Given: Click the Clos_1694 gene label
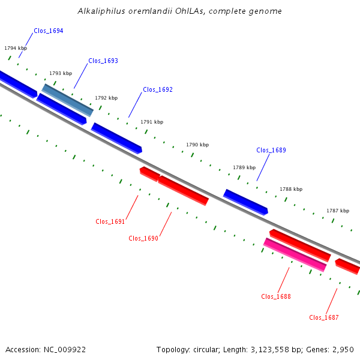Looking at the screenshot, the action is point(49,31).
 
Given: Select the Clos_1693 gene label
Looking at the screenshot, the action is point(103,61).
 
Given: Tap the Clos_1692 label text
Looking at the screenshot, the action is point(158,89).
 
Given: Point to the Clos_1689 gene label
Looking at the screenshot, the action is point(271,150).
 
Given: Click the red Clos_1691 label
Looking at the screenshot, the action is point(110,221).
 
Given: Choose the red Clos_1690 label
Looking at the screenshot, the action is point(143,238).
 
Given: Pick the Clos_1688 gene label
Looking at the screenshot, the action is point(276,296).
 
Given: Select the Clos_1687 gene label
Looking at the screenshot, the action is point(324,317).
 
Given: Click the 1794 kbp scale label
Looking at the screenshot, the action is point(16,48).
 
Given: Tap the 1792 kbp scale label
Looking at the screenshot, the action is point(106,98).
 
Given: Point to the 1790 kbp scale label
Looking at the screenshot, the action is point(197,145).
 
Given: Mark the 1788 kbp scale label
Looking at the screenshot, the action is point(291,189).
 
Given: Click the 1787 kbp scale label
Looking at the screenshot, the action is point(338,211).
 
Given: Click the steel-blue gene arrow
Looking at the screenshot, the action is point(67,100).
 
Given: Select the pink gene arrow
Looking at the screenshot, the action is point(295,255).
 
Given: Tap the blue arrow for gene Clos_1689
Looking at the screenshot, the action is point(245,202).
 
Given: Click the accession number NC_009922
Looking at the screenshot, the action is point(65,350).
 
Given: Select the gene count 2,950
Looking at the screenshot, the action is point(343,350).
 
